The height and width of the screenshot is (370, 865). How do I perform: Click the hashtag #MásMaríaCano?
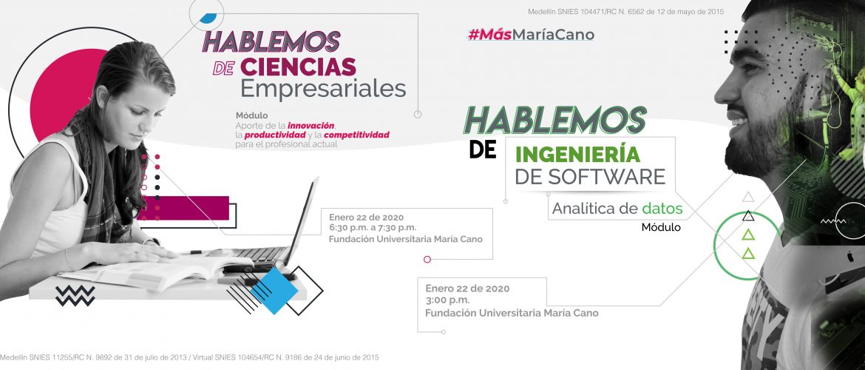532,35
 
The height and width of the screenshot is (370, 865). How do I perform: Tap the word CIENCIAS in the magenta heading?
298,67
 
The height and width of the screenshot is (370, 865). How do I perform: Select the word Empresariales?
323,89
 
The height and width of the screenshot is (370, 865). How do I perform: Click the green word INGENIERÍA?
577,153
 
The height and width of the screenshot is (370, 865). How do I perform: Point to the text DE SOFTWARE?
590,177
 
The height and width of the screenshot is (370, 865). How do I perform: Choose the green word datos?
662,209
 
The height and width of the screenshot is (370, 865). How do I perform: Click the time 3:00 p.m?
447,300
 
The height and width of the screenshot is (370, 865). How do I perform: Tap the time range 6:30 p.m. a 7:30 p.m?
373,227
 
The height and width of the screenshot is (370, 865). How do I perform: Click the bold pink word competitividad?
356,135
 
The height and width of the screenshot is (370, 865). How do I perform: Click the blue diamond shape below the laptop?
274,291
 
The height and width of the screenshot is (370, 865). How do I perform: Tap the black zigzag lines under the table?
75,296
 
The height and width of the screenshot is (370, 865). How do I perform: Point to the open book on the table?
149,272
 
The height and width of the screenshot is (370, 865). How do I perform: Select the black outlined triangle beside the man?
748,215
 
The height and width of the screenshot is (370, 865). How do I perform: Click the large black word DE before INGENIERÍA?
484,149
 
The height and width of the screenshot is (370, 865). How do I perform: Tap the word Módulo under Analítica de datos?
661,227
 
